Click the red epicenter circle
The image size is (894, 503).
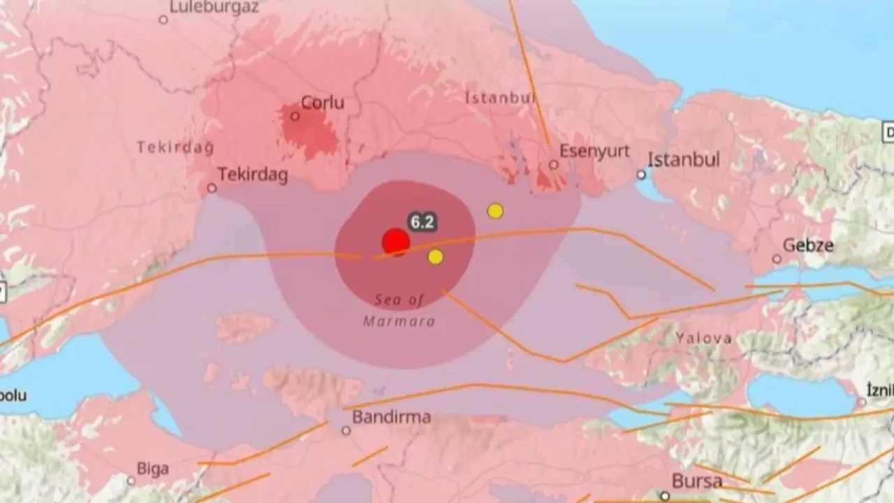(395, 242)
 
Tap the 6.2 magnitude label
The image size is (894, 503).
(423, 222)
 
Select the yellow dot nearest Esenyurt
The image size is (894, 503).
(495, 210)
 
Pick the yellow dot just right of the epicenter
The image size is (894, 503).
(435, 256)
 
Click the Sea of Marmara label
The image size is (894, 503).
(400, 310)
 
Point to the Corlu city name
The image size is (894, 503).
(323, 103)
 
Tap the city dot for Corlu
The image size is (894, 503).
(295, 116)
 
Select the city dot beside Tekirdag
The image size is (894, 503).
(212, 188)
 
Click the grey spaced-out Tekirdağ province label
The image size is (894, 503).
(175, 147)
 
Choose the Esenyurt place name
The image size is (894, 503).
(594, 151)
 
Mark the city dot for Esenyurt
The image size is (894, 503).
(553, 165)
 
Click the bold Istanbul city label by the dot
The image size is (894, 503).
(683, 160)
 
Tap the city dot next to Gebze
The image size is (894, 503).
(777, 259)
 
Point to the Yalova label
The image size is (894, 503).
(703, 338)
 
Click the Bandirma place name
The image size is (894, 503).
(391, 418)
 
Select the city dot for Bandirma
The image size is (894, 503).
(346, 430)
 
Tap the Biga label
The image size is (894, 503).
(153, 469)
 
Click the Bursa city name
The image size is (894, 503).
(696, 481)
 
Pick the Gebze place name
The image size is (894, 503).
(808, 245)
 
